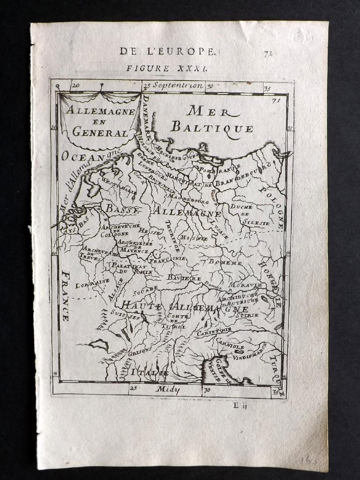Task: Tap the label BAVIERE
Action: point(184,278)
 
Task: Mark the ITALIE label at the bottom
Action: point(148,373)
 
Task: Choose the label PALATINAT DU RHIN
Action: point(128,268)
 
